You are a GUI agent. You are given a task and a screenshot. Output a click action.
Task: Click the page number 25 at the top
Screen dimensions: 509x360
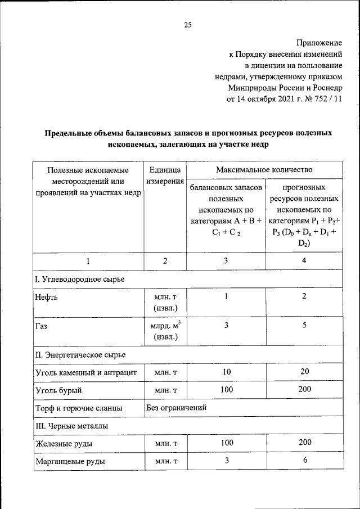point(188,24)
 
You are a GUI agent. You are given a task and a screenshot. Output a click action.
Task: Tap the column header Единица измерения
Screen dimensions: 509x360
point(165,175)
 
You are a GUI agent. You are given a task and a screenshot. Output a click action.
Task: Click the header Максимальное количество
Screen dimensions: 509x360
point(264,169)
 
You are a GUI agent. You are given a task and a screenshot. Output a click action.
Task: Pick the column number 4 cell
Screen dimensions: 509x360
point(304,261)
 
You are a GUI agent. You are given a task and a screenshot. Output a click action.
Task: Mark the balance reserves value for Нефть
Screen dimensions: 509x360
point(227,296)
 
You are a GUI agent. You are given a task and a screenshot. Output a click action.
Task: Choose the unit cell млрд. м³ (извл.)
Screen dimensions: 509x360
point(165,331)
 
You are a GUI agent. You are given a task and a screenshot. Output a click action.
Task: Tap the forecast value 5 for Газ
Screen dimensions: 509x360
point(304,325)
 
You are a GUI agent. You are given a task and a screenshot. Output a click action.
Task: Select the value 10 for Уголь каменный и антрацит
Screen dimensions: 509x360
point(227,372)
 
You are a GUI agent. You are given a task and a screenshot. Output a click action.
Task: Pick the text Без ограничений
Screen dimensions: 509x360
point(176,407)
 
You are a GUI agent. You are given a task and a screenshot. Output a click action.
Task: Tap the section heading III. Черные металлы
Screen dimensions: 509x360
point(71,426)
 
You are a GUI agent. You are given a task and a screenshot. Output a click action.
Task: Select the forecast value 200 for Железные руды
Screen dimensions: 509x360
point(304,443)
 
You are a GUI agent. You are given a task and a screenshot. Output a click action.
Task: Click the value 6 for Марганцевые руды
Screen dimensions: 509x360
point(304,461)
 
